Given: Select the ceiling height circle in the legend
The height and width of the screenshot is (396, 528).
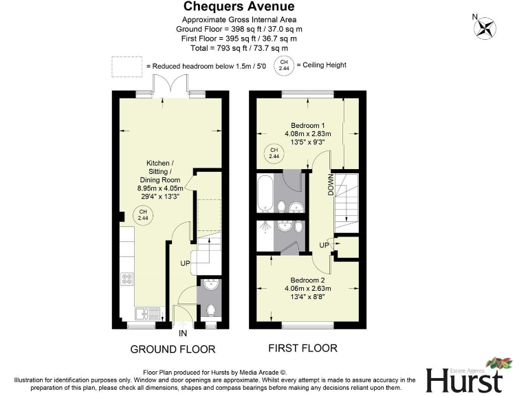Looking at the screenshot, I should pyautogui.click(x=283, y=65).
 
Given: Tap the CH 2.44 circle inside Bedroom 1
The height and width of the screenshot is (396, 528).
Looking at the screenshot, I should pyautogui.click(x=273, y=153).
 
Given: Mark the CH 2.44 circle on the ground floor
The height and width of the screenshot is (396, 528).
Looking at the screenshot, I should pyautogui.click(x=143, y=214).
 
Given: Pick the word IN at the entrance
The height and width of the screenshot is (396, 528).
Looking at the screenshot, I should pyautogui.click(x=183, y=333).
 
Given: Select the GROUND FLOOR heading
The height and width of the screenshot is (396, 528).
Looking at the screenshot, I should pyautogui.click(x=173, y=349).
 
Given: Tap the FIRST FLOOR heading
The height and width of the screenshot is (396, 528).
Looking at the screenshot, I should pyautogui.click(x=302, y=348).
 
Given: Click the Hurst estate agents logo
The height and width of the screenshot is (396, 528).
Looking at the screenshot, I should pyautogui.click(x=468, y=375).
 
